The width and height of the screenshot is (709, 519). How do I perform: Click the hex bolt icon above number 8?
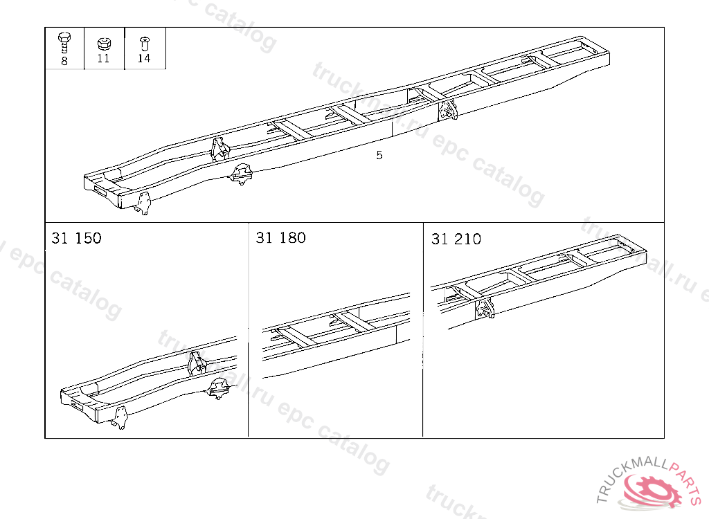(64, 44)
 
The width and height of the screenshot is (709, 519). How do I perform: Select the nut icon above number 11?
(104, 44)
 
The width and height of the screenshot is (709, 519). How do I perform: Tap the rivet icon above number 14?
(144, 44)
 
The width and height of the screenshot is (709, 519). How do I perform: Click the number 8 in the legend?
(64, 61)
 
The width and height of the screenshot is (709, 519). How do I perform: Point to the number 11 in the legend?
(103, 58)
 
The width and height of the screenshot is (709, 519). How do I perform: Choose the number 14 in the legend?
(144, 58)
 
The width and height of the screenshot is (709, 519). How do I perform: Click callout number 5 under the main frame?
(379, 155)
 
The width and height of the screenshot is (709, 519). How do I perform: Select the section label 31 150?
(76, 238)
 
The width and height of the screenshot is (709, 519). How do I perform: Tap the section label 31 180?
(281, 238)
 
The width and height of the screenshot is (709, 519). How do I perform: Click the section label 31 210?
(456, 239)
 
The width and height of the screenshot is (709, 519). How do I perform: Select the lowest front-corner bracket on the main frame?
(143, 203)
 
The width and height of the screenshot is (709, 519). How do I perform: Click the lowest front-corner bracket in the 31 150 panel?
(120, 418)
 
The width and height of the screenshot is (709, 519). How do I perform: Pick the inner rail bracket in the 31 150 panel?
(197, 363)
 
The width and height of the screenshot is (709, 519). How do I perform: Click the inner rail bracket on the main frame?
(220, 149)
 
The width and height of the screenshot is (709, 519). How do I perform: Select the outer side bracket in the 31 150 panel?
(218, 389)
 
